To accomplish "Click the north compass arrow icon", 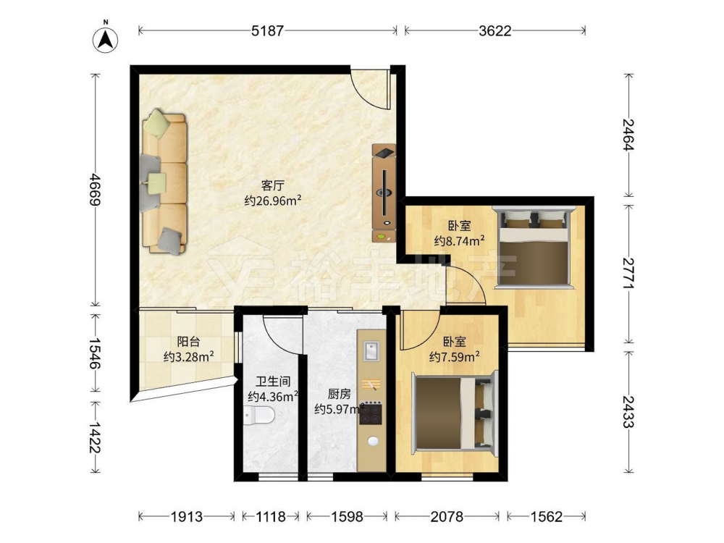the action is click(106, 39).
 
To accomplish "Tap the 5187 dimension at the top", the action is click(267, 30).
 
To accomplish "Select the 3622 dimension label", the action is click(495, 30).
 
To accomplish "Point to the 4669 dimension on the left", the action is click(95, 189).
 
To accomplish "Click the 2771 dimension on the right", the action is click(629, 274).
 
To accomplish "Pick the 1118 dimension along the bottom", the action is click(271, 515).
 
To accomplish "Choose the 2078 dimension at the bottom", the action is click(447, 515).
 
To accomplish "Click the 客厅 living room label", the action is click(272, 185).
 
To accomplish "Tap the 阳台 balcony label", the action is click(188, 342).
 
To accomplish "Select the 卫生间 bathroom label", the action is click(274, 382).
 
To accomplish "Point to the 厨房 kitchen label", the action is click(340, 394).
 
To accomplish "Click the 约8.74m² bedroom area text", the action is click(459, 240).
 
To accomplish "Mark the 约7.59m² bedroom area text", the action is click(454, 356).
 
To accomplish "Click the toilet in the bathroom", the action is click(259, 416).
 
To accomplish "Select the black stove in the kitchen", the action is click(371, 413).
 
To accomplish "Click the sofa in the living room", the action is click(164, 182).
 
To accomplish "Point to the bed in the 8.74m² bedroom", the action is click(534, 248).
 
